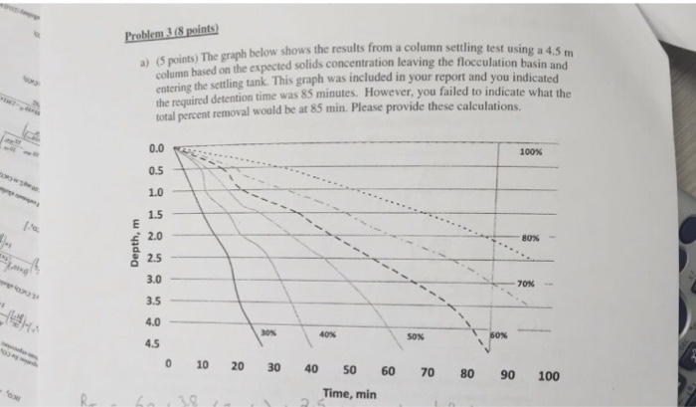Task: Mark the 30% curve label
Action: [x=267, y=330]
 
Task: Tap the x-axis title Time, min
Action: [x=350, y=394]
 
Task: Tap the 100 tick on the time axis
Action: [x=547, y=376]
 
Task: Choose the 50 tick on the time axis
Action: [x=349, y=371]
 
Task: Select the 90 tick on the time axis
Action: [x=508, y=375]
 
